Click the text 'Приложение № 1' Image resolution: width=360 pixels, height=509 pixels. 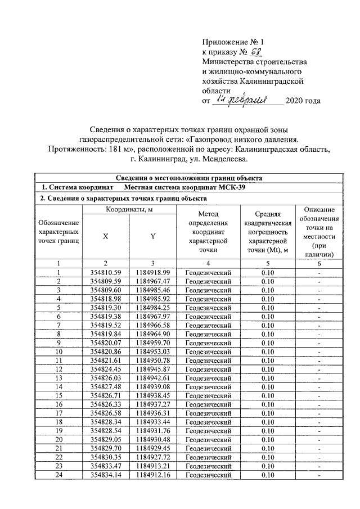tap(232, 42)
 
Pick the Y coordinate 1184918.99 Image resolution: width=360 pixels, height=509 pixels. tap(152, 272)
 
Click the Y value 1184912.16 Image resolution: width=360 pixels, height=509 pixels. tap(152, 475)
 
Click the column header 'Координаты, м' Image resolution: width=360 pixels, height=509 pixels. tap(129, 210)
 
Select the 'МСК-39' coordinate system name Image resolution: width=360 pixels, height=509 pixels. tap(228, 187)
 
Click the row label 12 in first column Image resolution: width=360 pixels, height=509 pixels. tap(58, 369)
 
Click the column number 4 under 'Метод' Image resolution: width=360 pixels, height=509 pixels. tap(208, 263)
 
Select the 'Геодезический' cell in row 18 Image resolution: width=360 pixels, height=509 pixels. tap(208, 422)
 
